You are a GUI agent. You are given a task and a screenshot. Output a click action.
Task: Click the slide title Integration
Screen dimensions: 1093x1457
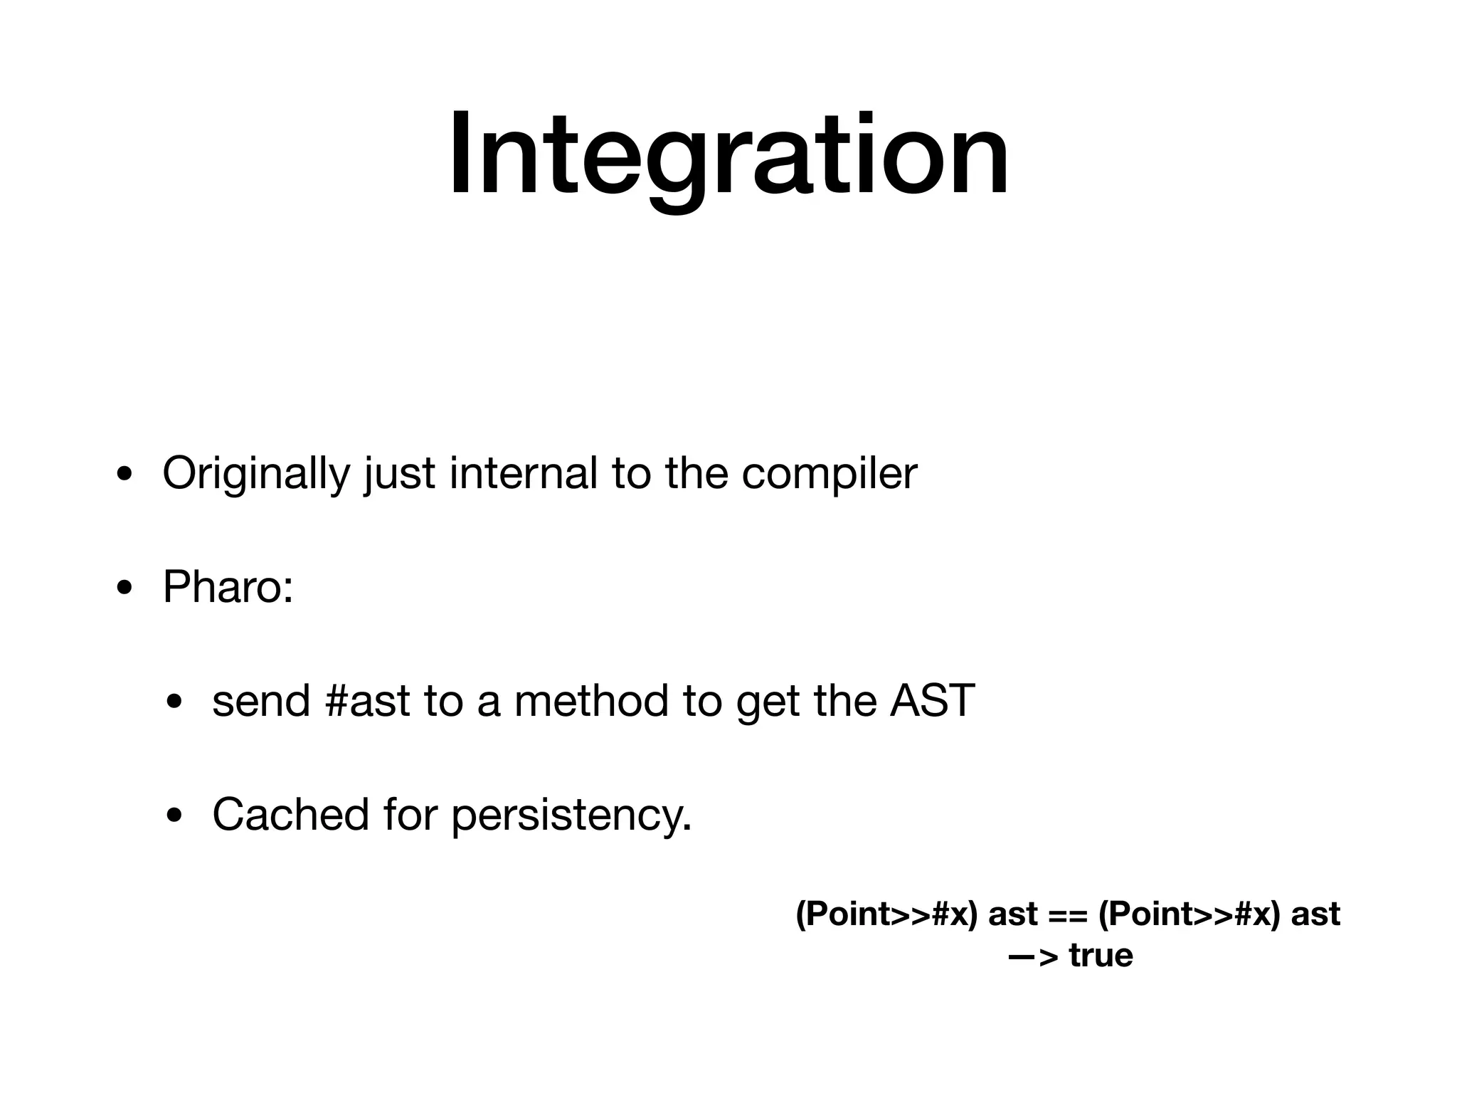pyautogui.click(x=728, y=155)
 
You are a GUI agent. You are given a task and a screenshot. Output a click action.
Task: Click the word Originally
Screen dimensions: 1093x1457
pyautogui.click(x=256, y=474)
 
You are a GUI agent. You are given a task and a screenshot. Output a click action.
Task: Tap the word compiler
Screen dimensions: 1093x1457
pyautogui.click(x=829, y=474)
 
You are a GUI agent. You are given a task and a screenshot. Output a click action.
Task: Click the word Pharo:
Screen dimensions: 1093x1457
pyautogui.click(x=228, y=588)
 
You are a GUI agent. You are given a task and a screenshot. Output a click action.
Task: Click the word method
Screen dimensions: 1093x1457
pyautogui.click(x=591, y=701)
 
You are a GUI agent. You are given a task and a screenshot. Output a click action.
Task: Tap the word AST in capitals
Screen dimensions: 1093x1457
pyautogui.click(x=932, y=701)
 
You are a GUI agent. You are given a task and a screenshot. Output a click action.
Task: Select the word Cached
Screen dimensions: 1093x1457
pyautogui.click(x=290, y=815)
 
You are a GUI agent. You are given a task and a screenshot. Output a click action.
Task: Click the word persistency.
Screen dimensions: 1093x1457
pyautogui.click(x=571, y=816)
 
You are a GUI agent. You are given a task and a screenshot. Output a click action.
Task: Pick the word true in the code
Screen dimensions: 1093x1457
pyautogui.click(x=1101, y=956)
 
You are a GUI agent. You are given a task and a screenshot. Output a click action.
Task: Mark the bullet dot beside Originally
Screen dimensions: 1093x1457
pyautogui.click(x=124, y=475)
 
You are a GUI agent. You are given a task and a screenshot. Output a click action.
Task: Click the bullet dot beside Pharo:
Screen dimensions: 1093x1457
pyautogui.click(x=124, y=589)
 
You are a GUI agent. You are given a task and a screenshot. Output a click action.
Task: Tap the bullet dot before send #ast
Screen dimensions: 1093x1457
pyautogui.click(x=174, y=703)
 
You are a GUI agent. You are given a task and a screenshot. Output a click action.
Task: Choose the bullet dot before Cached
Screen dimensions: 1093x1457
pyautogui.click(x=174, y=817)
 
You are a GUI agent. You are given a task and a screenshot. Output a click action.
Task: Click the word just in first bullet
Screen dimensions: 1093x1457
pyautogui.click(x=399, y=474)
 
